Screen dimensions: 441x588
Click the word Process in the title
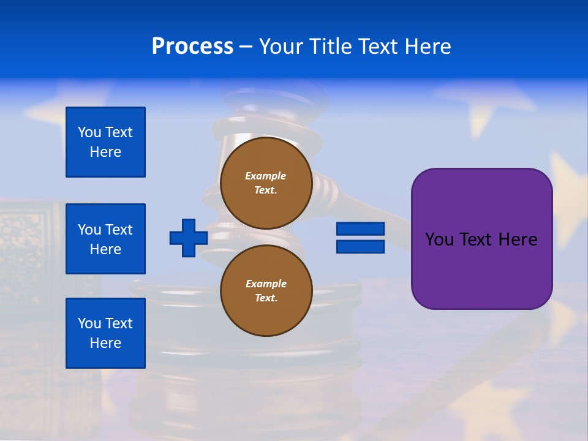[x=192, y=47]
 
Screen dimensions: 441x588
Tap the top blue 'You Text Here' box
[x=105, y=142]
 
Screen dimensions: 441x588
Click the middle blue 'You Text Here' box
[x=105, y=239]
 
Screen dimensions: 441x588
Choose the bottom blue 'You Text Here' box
[x=105, y=333]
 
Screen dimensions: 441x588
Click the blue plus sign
[x=189, y=238]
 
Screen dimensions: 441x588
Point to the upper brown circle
[x=266, y=183]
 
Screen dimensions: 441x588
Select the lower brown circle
[x=266, y=290]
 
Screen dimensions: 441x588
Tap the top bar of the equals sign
[x=360, y=229]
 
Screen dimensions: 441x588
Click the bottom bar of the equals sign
[x=360, y=246]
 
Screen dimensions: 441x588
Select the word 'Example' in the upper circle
[x=266, y=176]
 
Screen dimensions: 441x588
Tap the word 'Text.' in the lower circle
[x=266, y=298]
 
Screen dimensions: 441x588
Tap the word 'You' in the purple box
[x=439, y=239]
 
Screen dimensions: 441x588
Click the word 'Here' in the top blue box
[x=105, y=152]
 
